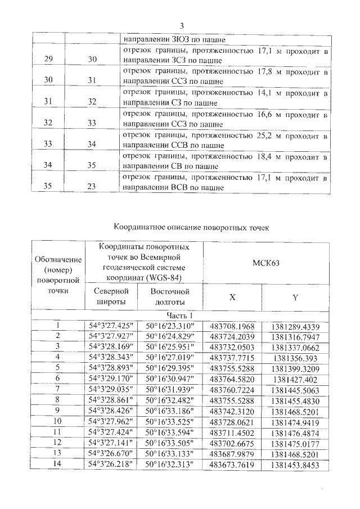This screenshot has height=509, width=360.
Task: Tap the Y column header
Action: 295,298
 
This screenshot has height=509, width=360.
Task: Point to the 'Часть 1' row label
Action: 180,316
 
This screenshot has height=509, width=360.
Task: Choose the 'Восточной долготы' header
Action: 169,297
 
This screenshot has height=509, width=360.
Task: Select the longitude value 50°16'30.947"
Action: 169,380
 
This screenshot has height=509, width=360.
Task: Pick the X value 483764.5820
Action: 232,380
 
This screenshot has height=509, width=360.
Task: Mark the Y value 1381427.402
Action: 295,380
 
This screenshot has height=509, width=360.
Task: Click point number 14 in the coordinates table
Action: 56,464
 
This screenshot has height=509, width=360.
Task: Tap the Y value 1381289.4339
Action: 295,326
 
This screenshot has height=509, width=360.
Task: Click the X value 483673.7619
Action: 232,465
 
